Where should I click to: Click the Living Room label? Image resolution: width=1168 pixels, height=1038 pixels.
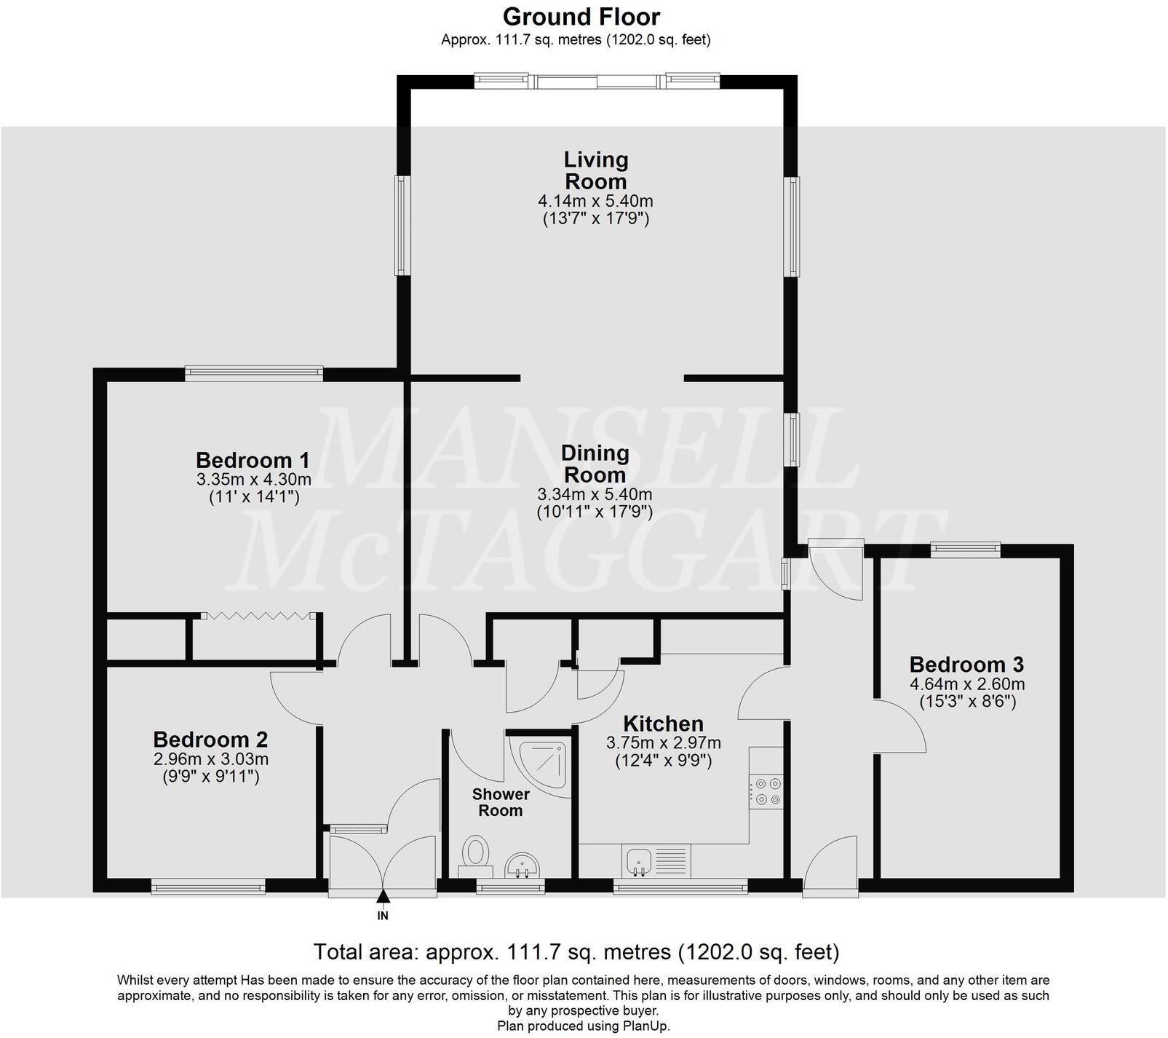coord(595,170)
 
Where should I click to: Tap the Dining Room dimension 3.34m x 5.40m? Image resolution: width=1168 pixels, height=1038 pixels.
coord(595,495)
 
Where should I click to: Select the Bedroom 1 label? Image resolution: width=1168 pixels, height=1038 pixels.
coord(253,460)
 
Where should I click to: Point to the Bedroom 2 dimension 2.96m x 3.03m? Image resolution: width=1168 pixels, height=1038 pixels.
coord(210,759)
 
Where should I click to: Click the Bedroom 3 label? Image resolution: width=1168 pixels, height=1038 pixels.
coord(966,665)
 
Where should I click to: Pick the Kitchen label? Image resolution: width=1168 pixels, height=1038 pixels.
coord(663,724)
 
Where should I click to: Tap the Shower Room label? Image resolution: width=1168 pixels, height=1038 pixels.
coord(501,802)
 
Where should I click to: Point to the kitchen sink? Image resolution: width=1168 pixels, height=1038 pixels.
coord(638,861)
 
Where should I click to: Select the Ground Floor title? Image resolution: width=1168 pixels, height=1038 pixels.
coord(581,16)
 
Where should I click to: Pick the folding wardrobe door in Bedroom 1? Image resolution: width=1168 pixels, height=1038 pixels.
coord(256,616)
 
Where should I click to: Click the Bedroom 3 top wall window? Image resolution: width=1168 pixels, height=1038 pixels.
coord(966,550)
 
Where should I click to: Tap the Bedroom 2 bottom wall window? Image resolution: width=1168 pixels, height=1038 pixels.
coord(208,886)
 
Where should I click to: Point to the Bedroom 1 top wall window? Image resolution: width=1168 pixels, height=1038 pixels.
coord(253,373)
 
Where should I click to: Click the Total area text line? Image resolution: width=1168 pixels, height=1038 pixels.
coord(576,951)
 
